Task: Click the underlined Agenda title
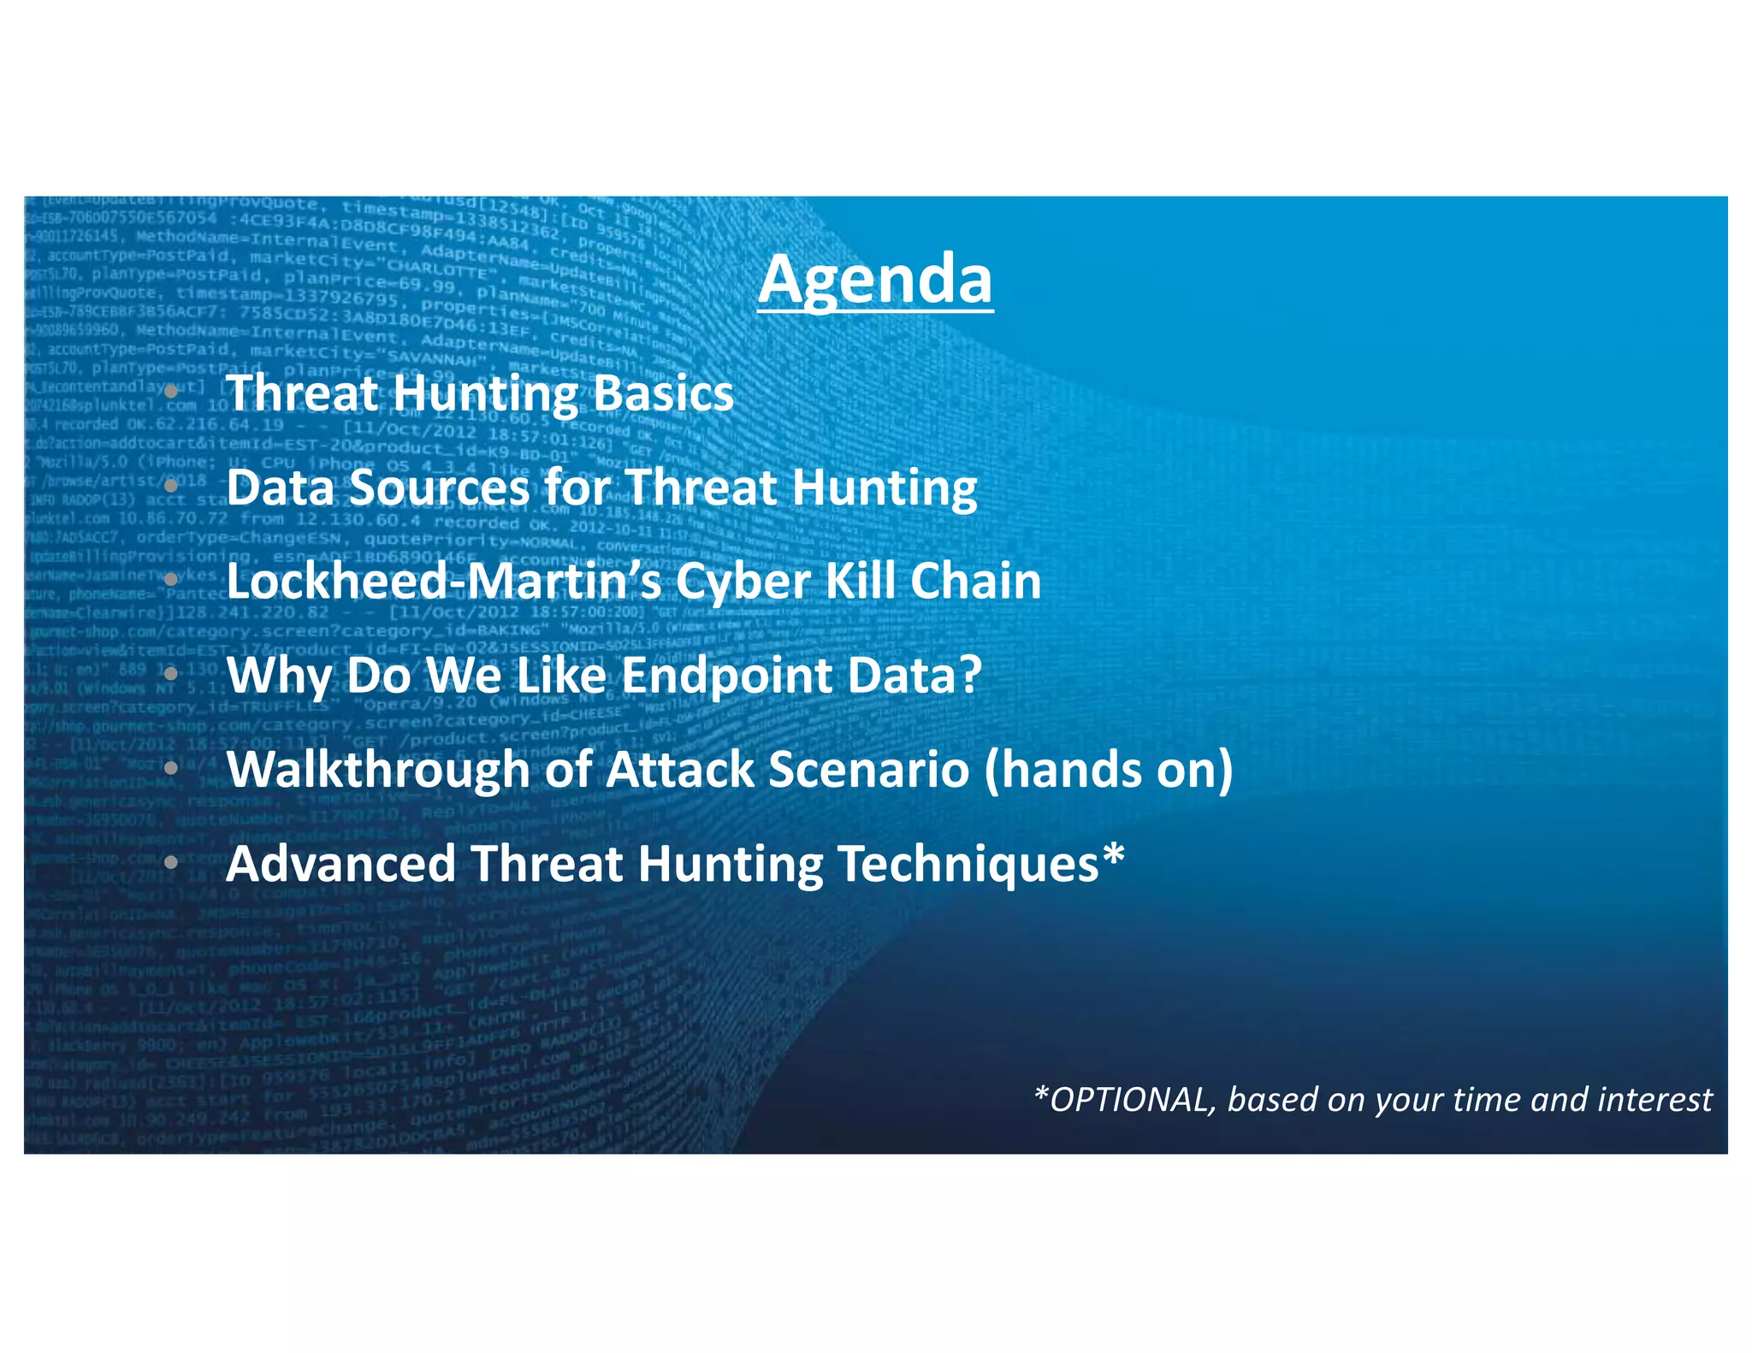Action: pos(875,281)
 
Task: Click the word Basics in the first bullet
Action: pos(663,393)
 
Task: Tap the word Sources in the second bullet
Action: pos(439,487)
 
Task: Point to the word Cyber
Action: pos(742,581)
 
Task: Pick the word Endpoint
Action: pos(725,676)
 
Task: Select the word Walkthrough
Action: pos(378,769)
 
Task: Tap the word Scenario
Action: pos(868,769)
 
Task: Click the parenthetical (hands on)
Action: pos(1108,769)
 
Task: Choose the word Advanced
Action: pos(340,864)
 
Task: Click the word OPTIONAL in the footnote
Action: pos(1131,1100)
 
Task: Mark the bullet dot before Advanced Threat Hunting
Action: pos(171,862)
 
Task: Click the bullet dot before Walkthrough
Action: pos(171,768)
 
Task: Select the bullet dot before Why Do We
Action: pos(171,674)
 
